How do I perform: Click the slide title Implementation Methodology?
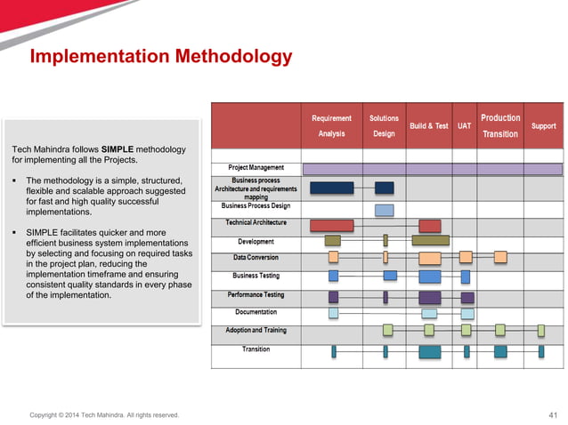click(x=161, y=58)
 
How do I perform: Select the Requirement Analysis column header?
click(x=331, y=125)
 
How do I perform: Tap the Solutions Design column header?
click(x=384, y=125)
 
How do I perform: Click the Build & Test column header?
click(x=428, y=126)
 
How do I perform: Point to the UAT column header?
click(x=464, y=126)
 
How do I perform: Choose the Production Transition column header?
click(x=500, y=125)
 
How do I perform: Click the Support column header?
click(x=543, y=126)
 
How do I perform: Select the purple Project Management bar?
click(x=433, y=168)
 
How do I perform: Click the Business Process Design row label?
click(x=256, y=205)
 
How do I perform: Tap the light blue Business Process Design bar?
click(x=384, y=210)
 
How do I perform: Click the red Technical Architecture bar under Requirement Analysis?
click(x=331, y=225)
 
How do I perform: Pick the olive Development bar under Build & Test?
click(x=430, y=240)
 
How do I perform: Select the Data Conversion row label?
click(x=256, y=257)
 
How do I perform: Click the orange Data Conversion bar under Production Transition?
click(x=500, y=257)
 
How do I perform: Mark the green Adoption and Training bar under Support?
click(x=540, y=330)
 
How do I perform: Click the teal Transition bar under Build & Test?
click(x=430, y=351)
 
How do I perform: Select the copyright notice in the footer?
click(x=104, y=414)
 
